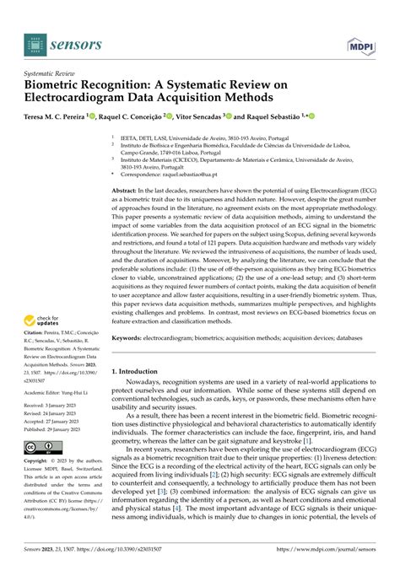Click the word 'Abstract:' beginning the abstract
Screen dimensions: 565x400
[127, 169]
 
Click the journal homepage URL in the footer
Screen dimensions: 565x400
[322, 553]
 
